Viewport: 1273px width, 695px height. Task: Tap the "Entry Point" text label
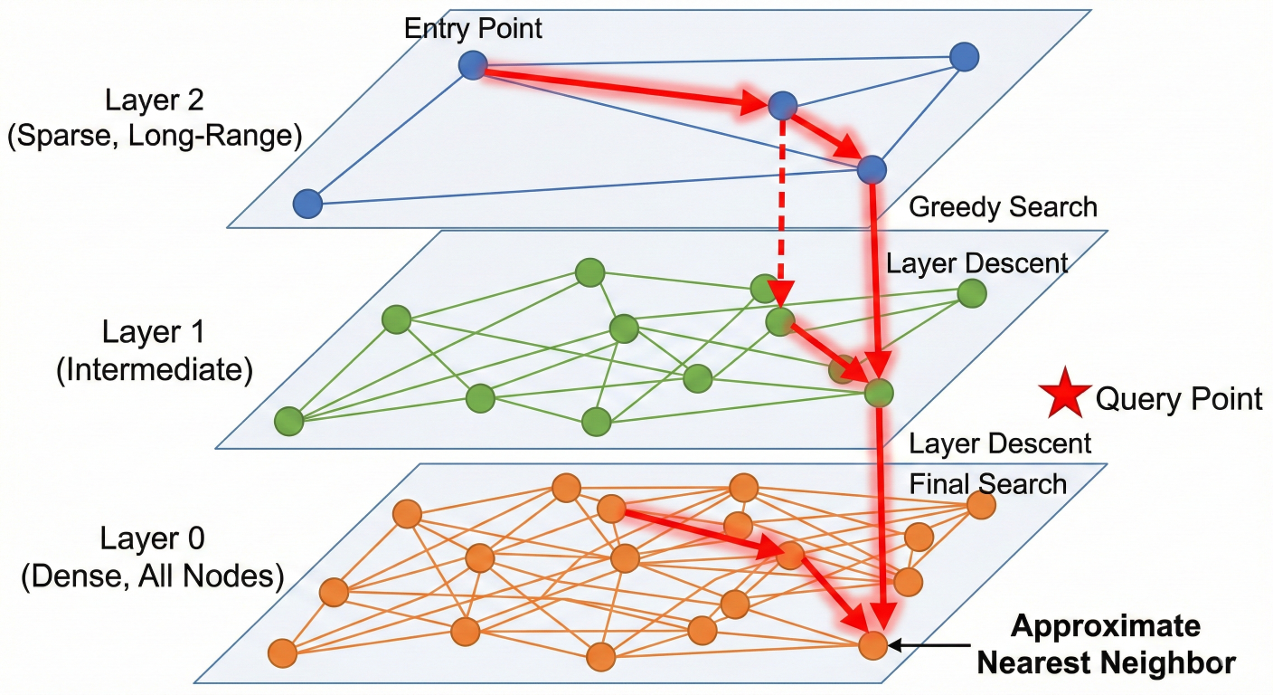coord(473,28)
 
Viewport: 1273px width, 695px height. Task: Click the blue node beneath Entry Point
coord(473,65)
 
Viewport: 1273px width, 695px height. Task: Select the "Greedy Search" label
coord(1002,207)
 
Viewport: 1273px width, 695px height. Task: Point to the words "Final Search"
coord(987,483)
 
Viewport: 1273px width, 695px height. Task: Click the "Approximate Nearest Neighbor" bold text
coord(1106,644)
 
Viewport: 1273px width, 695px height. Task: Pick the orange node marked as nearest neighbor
coord(872,645)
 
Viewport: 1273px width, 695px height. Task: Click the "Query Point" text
coord(1179,398)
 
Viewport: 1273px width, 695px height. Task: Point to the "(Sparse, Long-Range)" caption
coord(154,136)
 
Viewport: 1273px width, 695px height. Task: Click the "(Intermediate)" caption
coord(154,370)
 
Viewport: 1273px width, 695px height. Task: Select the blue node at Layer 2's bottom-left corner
coord(307,204)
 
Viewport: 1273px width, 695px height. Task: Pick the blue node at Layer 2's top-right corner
coord(965,57)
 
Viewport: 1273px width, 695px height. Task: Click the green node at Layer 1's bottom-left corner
coord(289,422)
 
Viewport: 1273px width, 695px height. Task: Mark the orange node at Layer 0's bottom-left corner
coord(283,652)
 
